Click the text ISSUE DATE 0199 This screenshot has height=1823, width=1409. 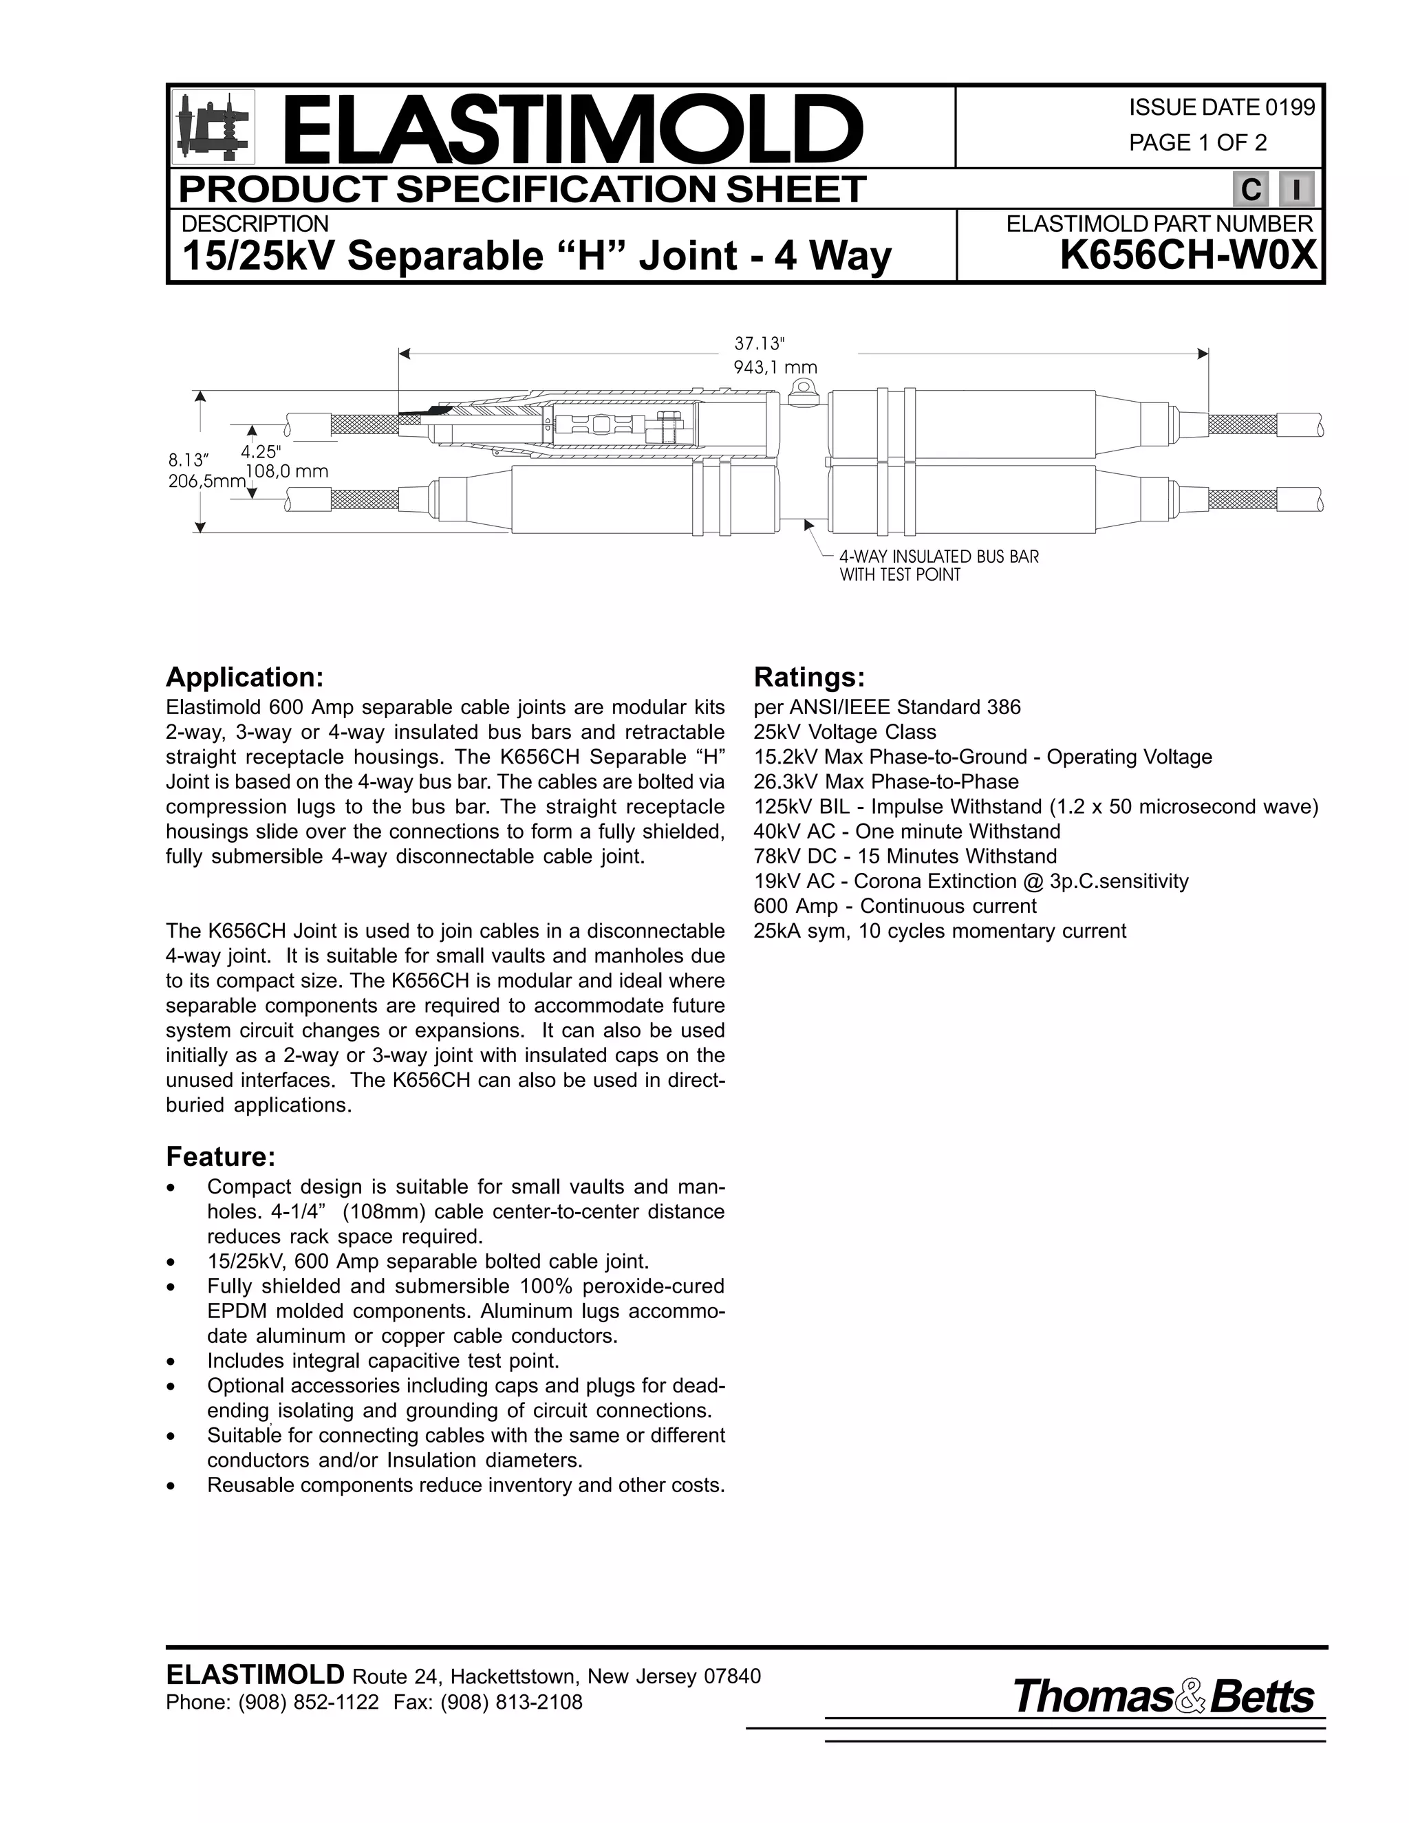tap(1221, 108)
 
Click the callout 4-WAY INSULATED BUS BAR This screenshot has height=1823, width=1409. tap(939, 557)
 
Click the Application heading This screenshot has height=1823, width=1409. tap(244, 677)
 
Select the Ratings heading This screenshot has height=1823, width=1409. tap(809, 677)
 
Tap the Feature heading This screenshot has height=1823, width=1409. tap(220, 1157)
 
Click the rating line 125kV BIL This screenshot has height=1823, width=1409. tap(1035, 807)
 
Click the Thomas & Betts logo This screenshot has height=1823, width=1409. tap(1163, 1697)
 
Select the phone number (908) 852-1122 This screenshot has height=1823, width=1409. tap(309, 1702)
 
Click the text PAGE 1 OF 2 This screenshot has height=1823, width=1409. tap(1197, 142)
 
